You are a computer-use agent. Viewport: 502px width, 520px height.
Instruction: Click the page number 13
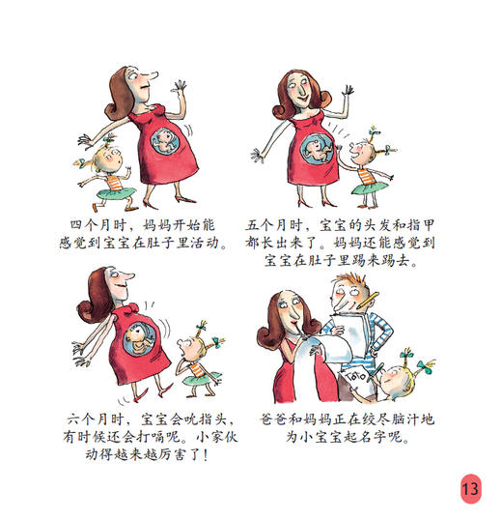470,488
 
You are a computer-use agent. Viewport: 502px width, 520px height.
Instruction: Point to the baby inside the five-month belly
320,148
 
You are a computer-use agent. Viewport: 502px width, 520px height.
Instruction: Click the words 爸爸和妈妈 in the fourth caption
301,419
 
